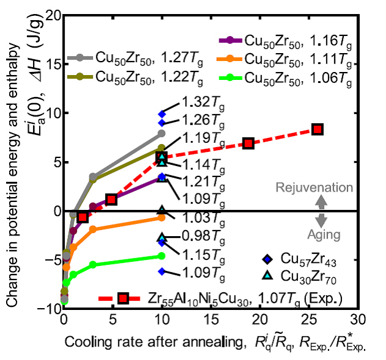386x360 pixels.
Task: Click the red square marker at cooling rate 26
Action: (x=318, y=129)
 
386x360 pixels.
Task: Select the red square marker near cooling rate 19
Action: (x=249, y=143)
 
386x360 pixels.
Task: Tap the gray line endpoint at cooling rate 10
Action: (x=162, y=133)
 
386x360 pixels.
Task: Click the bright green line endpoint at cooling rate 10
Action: (x=162, y=256)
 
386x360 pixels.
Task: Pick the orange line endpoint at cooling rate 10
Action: (x=162, y=217)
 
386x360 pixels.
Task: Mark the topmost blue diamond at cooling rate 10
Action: (x=162, y=114)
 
